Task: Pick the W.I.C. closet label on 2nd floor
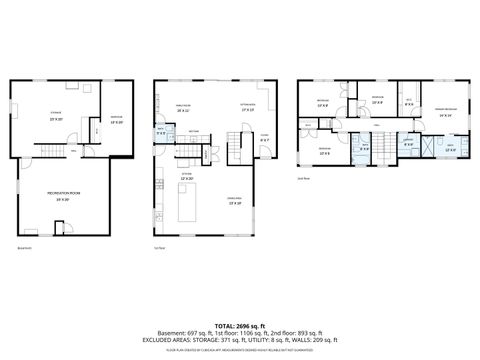408,102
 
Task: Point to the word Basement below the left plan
25,247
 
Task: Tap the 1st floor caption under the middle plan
159,247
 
